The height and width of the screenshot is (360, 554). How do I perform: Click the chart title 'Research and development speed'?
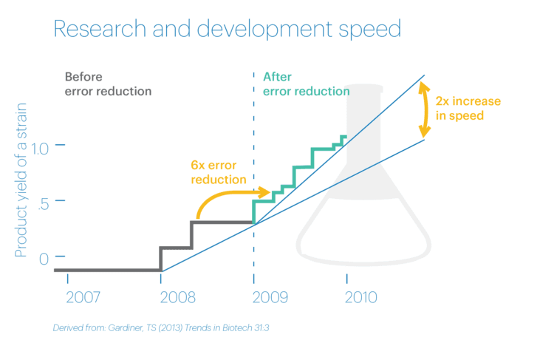(227, 30)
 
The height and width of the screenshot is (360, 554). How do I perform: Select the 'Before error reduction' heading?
(108, 84)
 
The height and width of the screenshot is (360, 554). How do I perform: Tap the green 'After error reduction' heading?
(306, 84)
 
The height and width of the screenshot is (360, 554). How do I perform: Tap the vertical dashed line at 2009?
(254, 148)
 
